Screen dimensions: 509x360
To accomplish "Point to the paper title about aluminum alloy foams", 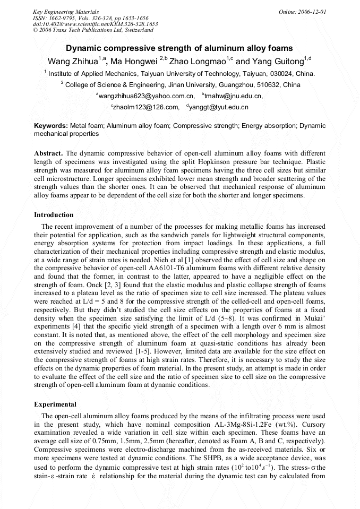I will point(179,48).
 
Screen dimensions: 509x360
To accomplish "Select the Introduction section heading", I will point(54,215).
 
